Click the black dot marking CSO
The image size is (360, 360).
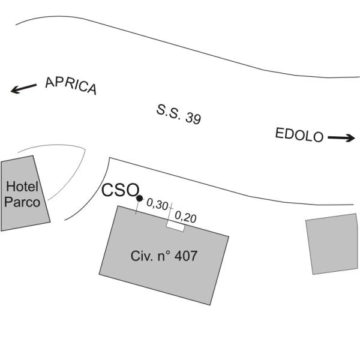pyautogui.click(x=139, y=198)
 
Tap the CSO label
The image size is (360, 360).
pyautogui.click(x=121, y=190)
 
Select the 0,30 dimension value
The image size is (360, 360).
pyautogui.click(x=157, y=204)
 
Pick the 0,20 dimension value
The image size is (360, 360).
pyautogui.click(x=185, y=217)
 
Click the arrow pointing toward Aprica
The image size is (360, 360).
pyautogui.click(x=23, y=88)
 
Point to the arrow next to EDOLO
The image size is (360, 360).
pyautogui.click(x=341, y=138)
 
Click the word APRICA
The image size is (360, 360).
pyautogui.click(x=71, y=85)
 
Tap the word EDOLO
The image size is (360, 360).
pyautogui.click(x=299, y=135)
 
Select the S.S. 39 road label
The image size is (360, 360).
pyautogui.click(x=179, y=115)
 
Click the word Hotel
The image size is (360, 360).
pyautogui.click(x=22, y=187)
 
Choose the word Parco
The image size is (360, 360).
pyautogui.click(x=22, y=202)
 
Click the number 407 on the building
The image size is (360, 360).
pyautogui.click(x=186, y=256)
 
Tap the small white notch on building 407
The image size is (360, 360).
pyautogui.click(x=176, y=227)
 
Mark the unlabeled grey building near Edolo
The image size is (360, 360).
pyautogui.click(x=332, y=244)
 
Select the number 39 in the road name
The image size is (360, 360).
pyautogui.click(x=193, y=118)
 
